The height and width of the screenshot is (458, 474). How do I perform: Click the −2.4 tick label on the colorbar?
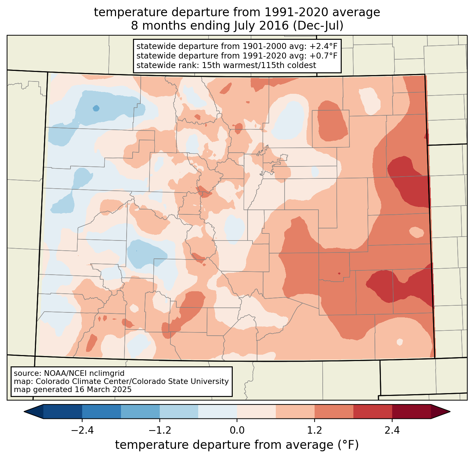click(82, 430)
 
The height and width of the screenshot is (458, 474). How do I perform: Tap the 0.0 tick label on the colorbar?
click(237, 430)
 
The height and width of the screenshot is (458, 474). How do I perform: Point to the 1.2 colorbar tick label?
click(315, 430)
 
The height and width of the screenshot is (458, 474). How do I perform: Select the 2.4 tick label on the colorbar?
click(392, 430)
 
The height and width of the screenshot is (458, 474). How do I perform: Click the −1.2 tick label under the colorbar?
click(159, 430)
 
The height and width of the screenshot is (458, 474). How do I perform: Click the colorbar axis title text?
click(237, 445)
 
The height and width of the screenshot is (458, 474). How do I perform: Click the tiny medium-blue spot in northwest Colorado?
click(96, 108)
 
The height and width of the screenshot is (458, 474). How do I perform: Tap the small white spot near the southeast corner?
click(400, 342)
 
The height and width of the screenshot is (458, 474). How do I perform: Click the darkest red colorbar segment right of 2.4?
click(411, 411)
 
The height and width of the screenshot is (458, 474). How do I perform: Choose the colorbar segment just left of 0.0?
click(218, 411)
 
